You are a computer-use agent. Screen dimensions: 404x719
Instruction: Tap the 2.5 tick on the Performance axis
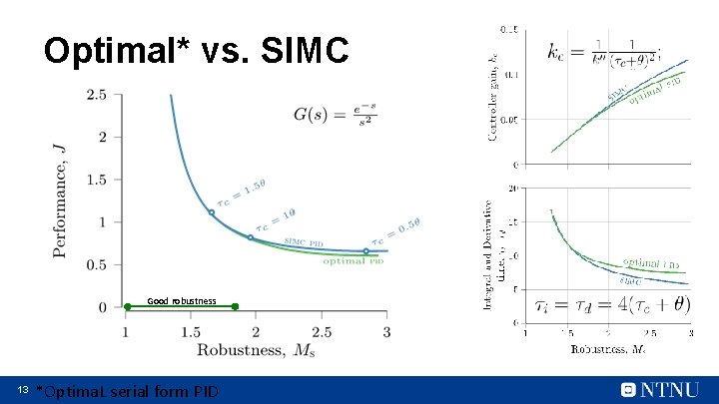97,95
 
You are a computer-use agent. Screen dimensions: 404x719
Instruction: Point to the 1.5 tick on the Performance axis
97,180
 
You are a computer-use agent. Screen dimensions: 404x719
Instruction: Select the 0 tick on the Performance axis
103,307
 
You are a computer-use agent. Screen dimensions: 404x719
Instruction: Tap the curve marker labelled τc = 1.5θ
211,212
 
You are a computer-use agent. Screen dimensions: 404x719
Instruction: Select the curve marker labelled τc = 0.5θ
365,251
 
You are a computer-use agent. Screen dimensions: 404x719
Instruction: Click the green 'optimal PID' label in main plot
353,262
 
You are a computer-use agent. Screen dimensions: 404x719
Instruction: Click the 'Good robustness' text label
181,300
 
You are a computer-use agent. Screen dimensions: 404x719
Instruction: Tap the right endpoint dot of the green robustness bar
235,306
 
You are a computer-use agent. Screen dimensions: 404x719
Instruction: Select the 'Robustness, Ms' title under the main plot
256,349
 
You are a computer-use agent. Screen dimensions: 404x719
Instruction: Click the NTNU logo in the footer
659,389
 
